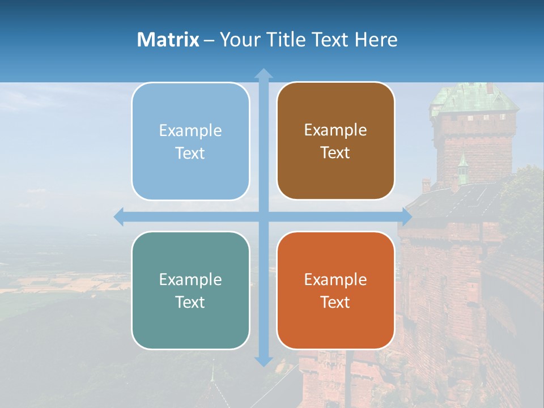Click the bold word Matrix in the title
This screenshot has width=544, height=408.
click(x=168, y=40)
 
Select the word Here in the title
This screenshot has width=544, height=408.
click(x=376, y=40)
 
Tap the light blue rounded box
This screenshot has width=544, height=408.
click(x=190, y=141)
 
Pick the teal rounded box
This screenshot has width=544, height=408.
click(x=190, y=290)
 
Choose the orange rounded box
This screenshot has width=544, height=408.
click(x=335, y=290)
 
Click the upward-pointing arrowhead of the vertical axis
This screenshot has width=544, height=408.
click(x=263, y=74)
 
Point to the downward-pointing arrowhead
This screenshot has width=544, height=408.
click(x=263, y=360)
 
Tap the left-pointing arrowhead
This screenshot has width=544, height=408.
click(x=119, y=216)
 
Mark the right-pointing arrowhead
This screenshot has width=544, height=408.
click(x=406, y=216)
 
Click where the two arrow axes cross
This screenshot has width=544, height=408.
click(x=263, y=216)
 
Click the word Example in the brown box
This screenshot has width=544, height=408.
click(x=335, y=130)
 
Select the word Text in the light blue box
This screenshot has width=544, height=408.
click(x=190, y=153)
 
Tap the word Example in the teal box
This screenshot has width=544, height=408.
click(x=190, y=279)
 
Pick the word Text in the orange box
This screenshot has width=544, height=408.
click(x=335, y=302)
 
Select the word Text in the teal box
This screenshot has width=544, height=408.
click(x=190, y=302)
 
